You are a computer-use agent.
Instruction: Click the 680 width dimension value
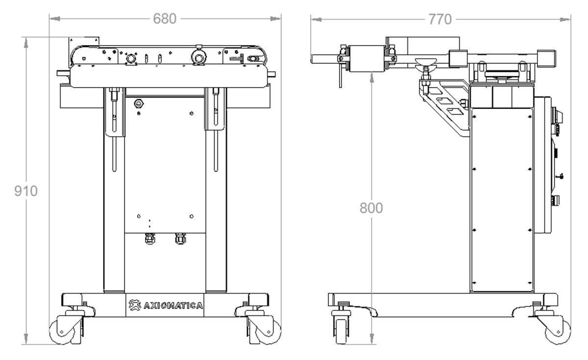tap(165, 19)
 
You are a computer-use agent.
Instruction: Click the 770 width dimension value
tap(440, 20)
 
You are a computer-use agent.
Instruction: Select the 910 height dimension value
tap(25, 191)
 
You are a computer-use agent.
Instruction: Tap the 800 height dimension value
tap(371, 208)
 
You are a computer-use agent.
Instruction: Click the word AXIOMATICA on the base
tap(173, 306)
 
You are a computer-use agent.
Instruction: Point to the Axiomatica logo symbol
tap(135, 305)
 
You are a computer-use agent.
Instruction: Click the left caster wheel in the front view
tap(63, 332)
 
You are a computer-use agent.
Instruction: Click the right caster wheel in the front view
tap(268, 332)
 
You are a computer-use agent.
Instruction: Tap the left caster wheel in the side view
tap(341, 331)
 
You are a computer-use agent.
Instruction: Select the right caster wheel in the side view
tap(558, 332)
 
